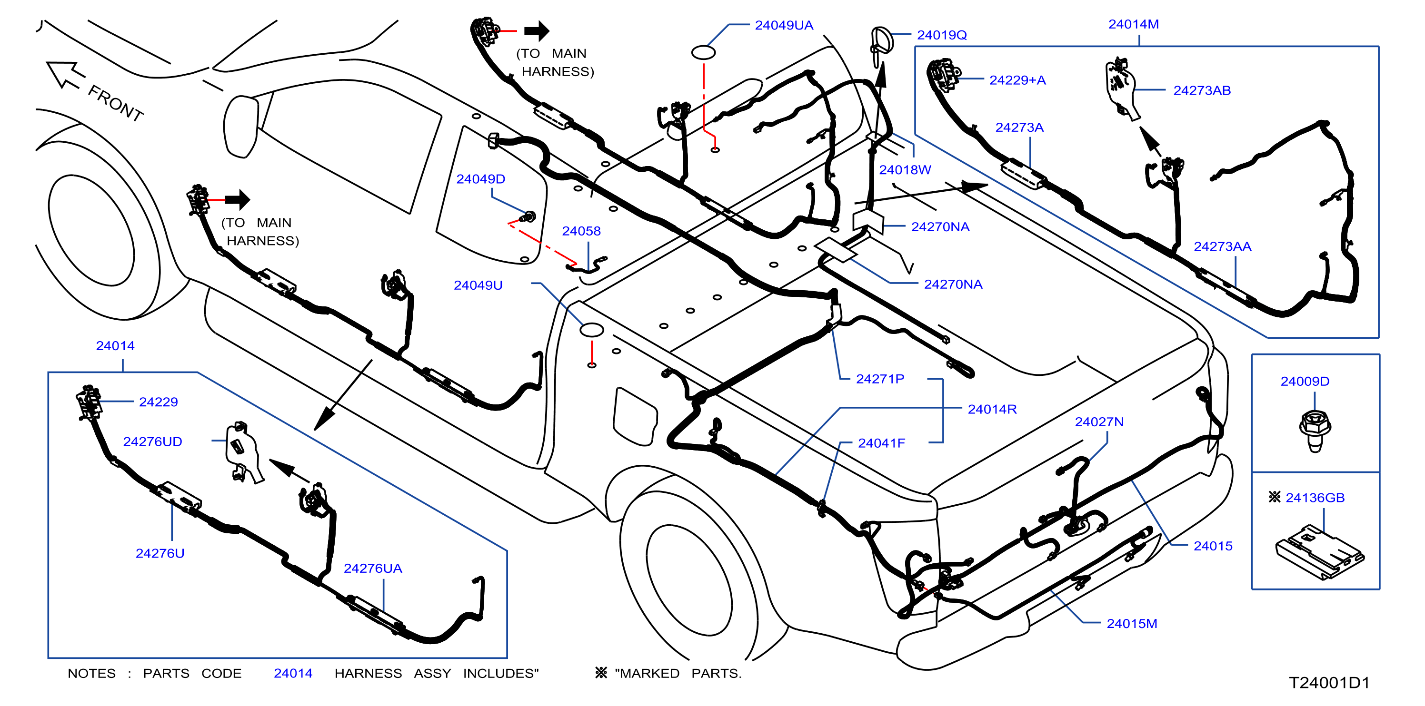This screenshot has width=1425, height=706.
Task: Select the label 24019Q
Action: pos(942,35)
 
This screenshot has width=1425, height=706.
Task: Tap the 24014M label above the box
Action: pos(1134,24)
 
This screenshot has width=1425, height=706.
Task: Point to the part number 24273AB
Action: pos(1202,91)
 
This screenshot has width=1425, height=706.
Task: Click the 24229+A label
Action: pos(1017,80)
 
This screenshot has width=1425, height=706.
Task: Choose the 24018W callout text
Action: pos(905,170)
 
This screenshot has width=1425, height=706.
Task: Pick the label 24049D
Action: pos(481,179)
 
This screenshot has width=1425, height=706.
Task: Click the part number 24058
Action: pos(581,231)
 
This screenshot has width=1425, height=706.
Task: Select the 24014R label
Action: pos(992,409)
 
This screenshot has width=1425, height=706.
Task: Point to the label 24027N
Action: pos(1099,422)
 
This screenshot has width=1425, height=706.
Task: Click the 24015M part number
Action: pos(1132,624)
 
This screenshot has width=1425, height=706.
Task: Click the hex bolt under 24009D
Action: pos(1315,430)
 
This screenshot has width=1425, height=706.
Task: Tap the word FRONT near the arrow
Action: pos(116,103)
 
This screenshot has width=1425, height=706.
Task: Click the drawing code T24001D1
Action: pos(1329,683)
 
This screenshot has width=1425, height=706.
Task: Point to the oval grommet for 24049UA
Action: pos(703,52)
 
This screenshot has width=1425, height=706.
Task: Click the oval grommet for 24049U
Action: pos(591,330)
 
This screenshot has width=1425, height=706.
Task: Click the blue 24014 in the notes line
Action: pos(293,673)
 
